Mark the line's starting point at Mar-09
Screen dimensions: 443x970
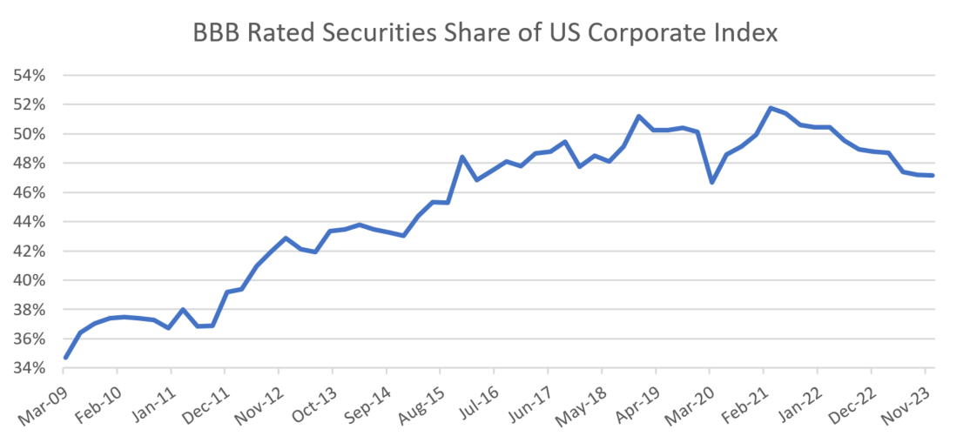click(66, 357)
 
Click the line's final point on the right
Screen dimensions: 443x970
click(933, 175)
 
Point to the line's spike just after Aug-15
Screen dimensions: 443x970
click(461, 157)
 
